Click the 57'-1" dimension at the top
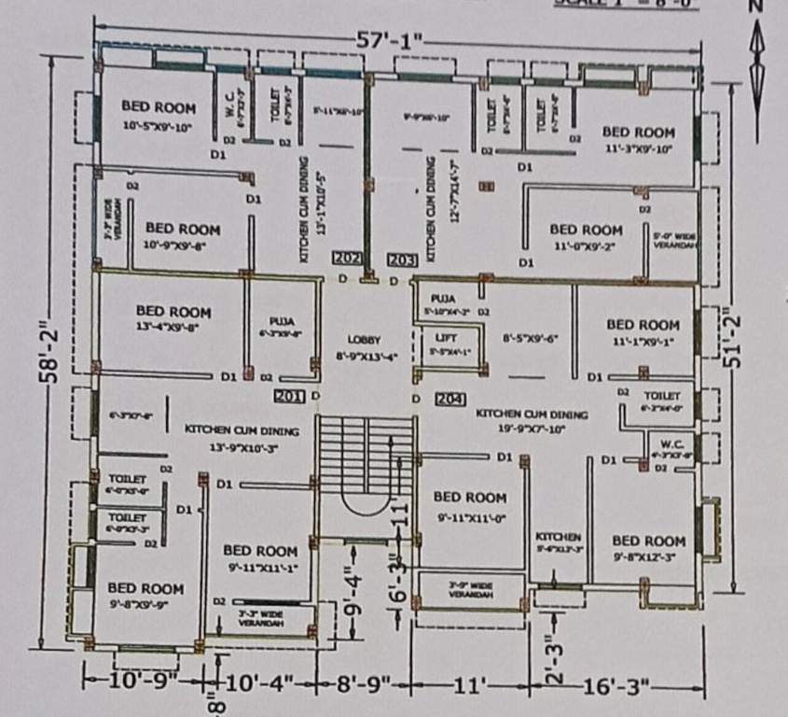(390, 41)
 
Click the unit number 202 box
(348, 258)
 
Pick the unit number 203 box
(402, 259)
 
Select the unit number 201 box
(290, 397)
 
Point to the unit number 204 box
(449, 399)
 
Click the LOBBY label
(365, 340)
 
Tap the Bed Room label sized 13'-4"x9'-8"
(173, 312)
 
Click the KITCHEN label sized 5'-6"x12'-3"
(559, 538)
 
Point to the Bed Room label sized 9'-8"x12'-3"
(648, 541)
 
